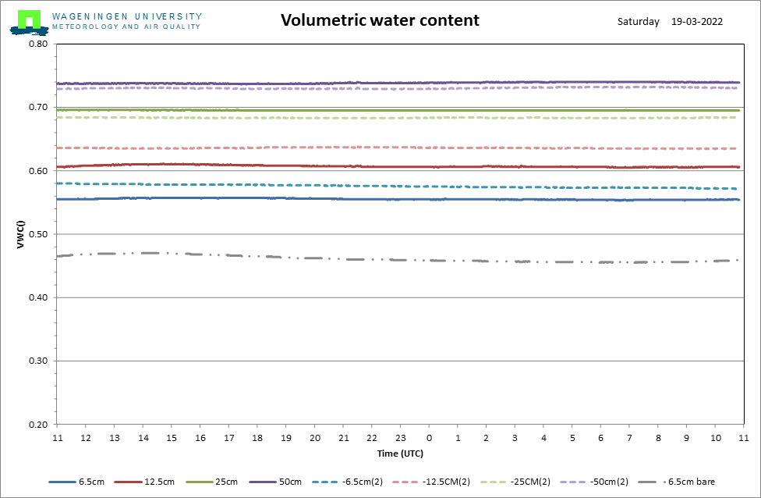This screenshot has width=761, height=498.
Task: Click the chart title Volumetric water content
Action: coord(380,20)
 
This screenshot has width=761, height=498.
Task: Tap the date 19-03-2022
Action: coord(696,22)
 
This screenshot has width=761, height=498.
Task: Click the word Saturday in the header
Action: coord(638,22)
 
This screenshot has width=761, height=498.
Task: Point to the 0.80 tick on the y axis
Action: coord(37,44)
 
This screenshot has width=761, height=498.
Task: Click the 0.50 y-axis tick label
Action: coord(37,234)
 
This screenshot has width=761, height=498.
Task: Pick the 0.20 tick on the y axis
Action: coord(37,425)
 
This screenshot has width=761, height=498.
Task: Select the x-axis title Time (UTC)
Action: coord(400,453)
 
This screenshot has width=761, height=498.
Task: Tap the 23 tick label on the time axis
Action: coord(400,438)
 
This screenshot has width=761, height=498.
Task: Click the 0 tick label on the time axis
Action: coord(429,438)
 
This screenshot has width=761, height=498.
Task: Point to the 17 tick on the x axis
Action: coord(228,438)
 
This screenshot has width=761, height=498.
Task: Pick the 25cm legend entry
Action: coord(227,482)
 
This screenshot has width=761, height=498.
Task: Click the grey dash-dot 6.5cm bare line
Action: coord(312,258)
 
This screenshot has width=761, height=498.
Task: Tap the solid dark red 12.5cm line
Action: coord(312,165)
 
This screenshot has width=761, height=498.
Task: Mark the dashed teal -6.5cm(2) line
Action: coord(312,185)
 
